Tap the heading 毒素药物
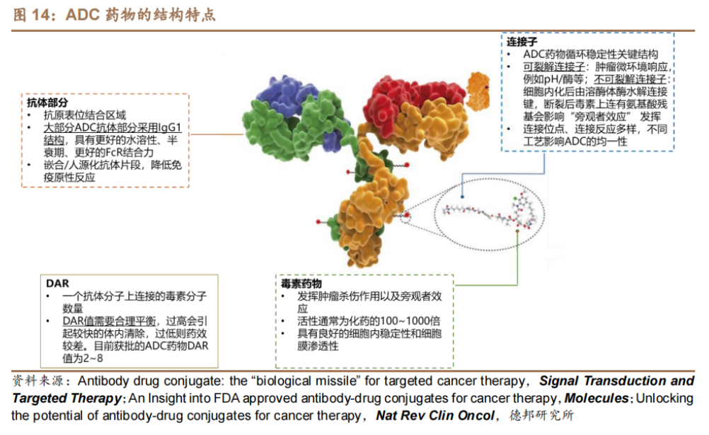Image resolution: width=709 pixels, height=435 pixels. (301, 284)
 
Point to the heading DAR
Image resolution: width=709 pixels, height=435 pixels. (57, 284)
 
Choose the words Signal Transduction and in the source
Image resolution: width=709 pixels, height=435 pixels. (616, 381)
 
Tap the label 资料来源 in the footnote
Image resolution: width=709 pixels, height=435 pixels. (38, 381)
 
